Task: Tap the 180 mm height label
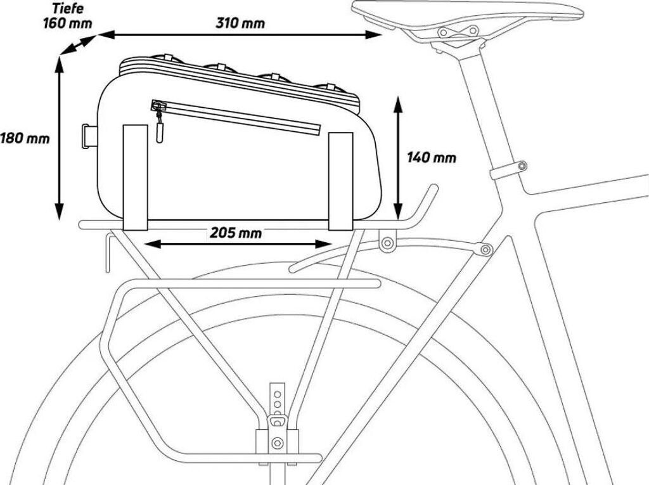point(24,138)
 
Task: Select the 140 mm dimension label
point(431,157)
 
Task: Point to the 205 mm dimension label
point(236,233)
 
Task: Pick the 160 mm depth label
point(67,23)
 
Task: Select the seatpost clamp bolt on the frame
point(522,166)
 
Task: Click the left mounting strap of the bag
point(135,177)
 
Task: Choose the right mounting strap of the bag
point(340,180)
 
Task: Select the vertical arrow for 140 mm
point(399,157)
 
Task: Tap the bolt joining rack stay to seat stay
point(486,249)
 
